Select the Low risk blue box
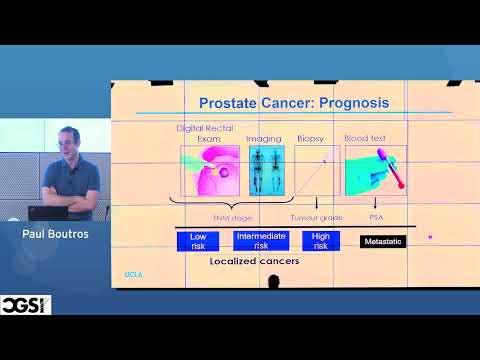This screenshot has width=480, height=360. pyautogui.click(x=197, y=240)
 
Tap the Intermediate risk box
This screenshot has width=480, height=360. pyautogui.click(x=260, y=240)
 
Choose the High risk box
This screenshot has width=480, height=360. pyautogui.click(x=320, y=240)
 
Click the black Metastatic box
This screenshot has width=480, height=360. pyautogui.click(x=383, y=241)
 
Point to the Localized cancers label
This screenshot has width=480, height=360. pyautogui.click(x=254, y=261)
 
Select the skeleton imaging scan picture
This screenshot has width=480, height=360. pyautogui.click(x=267, y=170)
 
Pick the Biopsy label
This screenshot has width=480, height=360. pyautogui.click(x=311, y=139)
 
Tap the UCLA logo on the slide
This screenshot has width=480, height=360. pyautogui.click(x=133, y=272)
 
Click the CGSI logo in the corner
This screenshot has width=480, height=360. pyautogui.click(x=26, y=304)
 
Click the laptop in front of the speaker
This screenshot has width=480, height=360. pyautogui.click(x=45, y=213)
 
